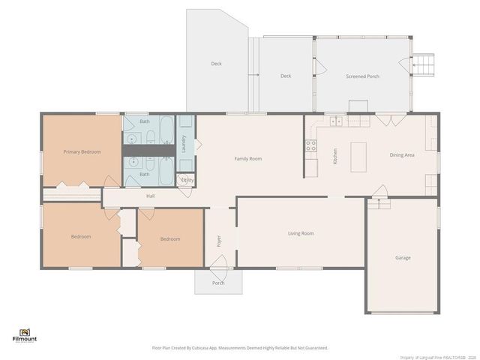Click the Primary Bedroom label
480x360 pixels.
(82, 151)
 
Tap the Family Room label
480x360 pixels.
(247, 158)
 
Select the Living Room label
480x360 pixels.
(301, 233)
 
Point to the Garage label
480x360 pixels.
(403, 257)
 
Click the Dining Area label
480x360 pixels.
(402, 155)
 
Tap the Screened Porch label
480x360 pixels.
(362, 76)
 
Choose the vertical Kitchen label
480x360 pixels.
(335, 156)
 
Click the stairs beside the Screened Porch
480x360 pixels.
(424, 65)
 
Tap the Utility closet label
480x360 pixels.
(187, 180)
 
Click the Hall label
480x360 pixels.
(150, 196)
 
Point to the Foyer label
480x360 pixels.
(220, 241)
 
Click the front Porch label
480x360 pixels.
(218, 283)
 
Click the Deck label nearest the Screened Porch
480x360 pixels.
(286, 76)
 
